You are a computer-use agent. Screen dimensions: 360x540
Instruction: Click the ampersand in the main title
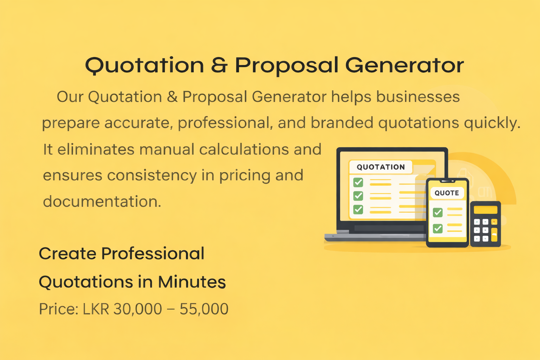tap(219, 65)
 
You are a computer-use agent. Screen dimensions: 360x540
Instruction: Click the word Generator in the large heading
tap(404, 65)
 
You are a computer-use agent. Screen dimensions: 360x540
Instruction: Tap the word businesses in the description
tap(418, 97)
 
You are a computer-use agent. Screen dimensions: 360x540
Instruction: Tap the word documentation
tap(102, 201)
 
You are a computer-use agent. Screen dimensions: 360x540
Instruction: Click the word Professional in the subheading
tap(153, 253)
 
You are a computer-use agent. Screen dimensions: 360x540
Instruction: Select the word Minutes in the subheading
tap(192, 282)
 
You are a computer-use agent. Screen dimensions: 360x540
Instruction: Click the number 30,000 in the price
tap(138, 309)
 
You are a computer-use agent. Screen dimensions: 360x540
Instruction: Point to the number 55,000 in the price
tap(204, 309)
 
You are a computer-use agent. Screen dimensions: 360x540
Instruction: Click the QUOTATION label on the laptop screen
tap(381, 167)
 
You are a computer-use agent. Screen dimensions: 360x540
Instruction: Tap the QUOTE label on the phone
tap(447, 193)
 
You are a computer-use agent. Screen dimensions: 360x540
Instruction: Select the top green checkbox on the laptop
tap(358, 182)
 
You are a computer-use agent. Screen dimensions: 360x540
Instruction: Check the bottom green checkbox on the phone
tap(438, 229)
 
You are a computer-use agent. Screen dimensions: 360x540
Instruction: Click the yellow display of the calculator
tap(486, 210)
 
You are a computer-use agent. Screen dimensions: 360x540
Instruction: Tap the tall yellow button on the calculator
tap(494, 235)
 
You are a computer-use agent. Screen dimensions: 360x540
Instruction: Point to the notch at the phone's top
tap(448, 181)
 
